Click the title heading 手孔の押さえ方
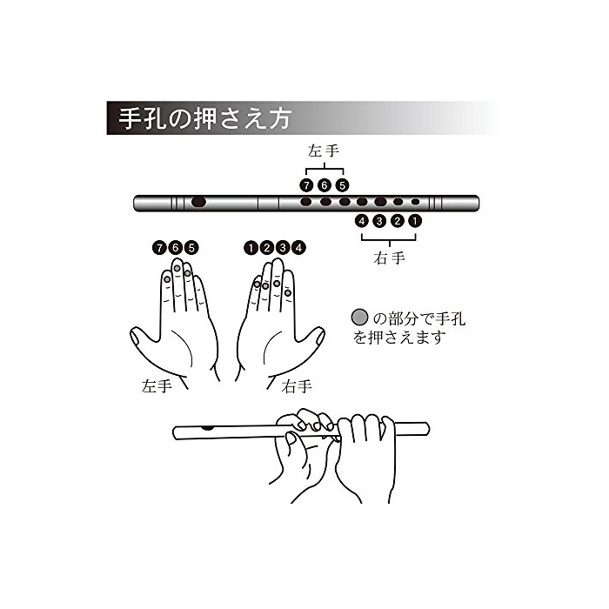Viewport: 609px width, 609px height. click(204, 118)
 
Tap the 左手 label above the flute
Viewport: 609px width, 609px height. click(324, 151)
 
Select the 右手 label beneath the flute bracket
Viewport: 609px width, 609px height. click(389, 258)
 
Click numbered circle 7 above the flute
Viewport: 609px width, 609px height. click(306, 185)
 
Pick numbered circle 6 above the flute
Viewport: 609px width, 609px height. click(325, 185)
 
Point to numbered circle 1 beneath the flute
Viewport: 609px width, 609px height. click(415, 221)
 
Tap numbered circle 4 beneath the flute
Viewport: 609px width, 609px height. click(362, 221)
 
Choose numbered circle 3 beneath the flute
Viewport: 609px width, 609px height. click(379, 221)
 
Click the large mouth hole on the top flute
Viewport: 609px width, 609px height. click(199, 202)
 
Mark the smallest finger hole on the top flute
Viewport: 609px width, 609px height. click(416, 202)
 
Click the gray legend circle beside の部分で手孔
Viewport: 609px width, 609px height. click(359, 318)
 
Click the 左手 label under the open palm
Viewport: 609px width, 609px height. click(157, 386)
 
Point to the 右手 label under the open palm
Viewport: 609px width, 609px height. click(297, 386)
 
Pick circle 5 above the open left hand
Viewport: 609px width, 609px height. click(191, 247)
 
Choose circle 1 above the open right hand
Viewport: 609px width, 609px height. click(251, 247)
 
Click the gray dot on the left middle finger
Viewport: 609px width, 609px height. click(177, 268)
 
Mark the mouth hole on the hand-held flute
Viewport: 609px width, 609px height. click(208, 428)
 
